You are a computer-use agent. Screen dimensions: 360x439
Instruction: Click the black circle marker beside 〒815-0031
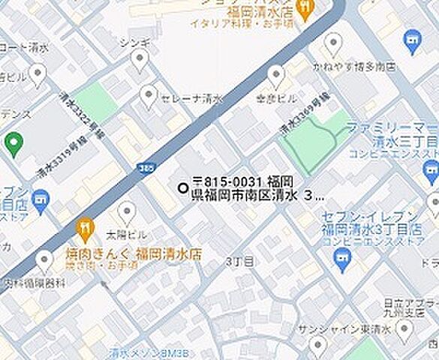[x=182, y=188]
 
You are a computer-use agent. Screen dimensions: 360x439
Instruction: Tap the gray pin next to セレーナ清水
[x=149, y=95]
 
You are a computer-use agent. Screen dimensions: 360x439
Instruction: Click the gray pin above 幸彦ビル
[x=277, y=74]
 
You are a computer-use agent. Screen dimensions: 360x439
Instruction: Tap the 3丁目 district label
[x=239, y=260]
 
